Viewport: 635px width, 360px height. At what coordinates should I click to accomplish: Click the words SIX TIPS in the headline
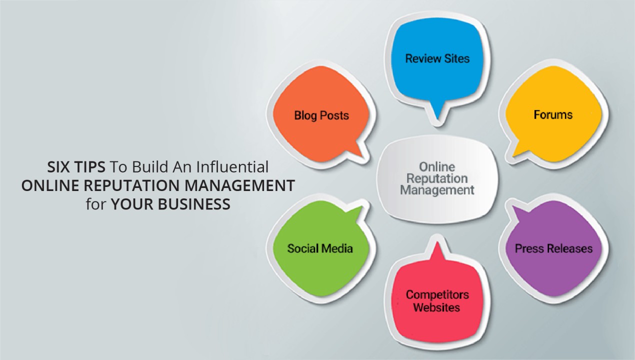(75, 166)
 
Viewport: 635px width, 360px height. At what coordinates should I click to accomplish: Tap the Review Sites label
(437, 58)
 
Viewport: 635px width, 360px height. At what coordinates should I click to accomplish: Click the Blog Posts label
(321, 115)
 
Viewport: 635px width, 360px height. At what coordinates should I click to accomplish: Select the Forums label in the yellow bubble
(553, 114)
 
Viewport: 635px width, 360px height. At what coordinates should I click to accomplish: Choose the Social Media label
(320, 248)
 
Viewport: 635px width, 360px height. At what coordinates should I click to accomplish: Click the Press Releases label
(553, 248)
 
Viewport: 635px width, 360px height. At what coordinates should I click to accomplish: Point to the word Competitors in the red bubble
(437, 294)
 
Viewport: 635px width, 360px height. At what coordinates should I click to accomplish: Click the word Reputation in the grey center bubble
(437, 178)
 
